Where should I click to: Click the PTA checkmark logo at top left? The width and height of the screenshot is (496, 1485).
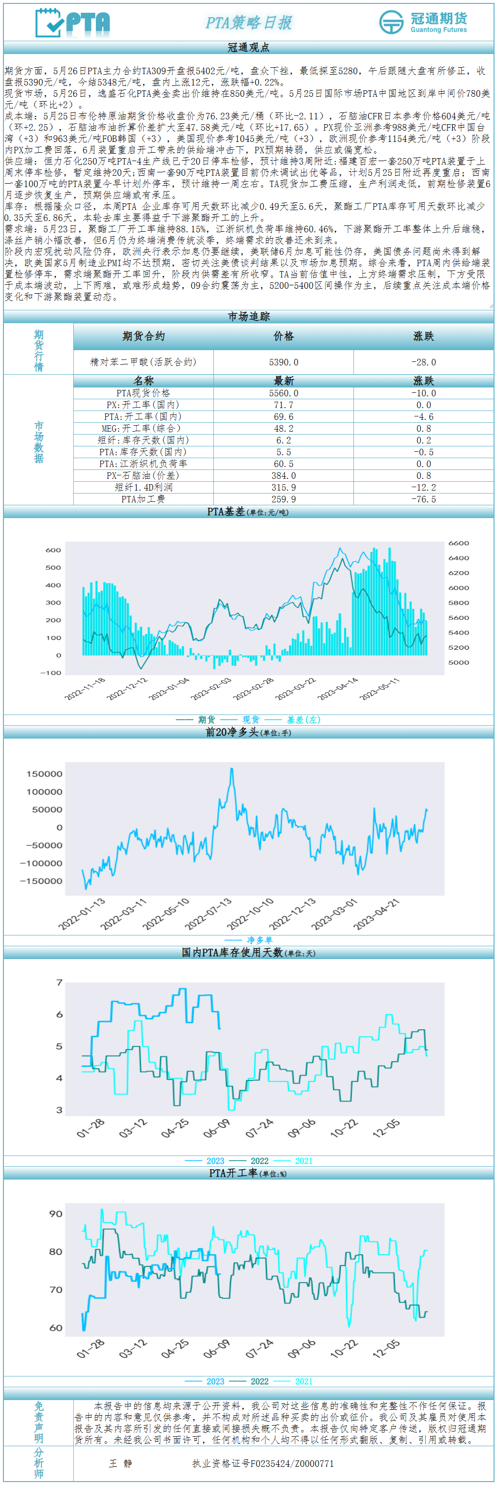72,23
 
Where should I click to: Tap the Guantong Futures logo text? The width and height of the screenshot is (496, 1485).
438,23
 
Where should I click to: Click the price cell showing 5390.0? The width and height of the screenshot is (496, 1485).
283,362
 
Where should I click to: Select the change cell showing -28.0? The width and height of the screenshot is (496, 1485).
423,362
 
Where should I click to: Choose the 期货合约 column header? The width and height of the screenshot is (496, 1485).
143,336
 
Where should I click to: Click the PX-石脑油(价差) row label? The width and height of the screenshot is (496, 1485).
143,475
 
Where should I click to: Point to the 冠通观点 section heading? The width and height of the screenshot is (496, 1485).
248,47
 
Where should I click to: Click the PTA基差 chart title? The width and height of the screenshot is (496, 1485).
248,512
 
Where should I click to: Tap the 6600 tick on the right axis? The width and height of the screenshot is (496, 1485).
459,543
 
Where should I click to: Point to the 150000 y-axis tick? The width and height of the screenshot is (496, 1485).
44,773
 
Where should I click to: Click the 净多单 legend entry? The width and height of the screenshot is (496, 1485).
260,939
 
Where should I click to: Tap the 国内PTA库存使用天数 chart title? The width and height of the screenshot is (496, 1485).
248,952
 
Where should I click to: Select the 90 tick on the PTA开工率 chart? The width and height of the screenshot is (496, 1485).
56,1213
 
